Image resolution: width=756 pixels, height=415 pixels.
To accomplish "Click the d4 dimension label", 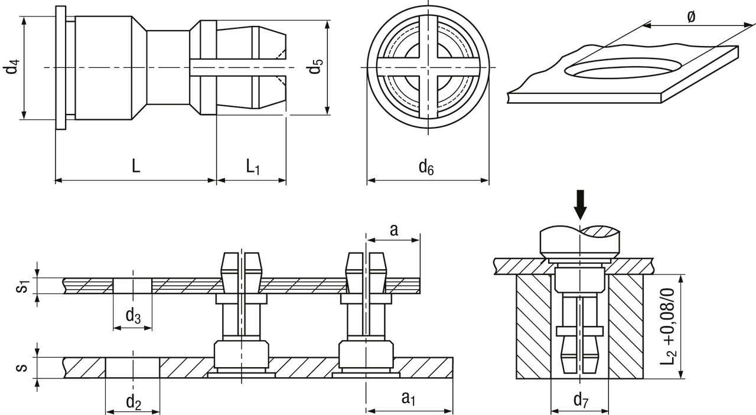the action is coord(11,67).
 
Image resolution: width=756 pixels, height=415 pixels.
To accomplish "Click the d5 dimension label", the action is coord(315,66).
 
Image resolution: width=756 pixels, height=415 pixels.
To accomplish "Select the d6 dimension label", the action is coord(426,167).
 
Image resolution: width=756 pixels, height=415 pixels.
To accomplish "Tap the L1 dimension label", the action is coord(252,166).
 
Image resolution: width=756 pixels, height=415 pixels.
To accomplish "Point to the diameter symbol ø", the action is coord(691,16).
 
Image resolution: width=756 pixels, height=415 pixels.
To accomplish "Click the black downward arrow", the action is coord(580,205).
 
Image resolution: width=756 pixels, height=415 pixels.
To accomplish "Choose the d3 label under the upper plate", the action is coord(133,316).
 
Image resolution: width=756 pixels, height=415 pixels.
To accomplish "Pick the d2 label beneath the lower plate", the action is coord(133,402).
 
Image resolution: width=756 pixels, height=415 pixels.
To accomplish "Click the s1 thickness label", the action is coord(22,286).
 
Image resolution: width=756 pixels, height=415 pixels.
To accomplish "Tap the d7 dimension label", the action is coord(581,400).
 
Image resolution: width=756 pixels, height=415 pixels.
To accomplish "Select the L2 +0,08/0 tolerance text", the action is coord(667,326).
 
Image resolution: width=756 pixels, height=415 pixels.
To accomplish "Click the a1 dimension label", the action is coord(408,398).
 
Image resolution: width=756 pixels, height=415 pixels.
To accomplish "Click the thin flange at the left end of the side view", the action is coord(61,67).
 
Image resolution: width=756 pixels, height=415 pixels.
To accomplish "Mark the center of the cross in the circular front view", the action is coord(428,67).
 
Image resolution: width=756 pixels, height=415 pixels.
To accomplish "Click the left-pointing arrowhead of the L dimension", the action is coord(58,180).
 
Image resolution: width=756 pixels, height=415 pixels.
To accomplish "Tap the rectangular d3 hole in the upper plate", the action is coord(132,286).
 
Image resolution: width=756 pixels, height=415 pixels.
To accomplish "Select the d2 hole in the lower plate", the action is coord(133,367).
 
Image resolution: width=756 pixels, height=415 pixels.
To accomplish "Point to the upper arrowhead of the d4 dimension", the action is coord(24,20).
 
